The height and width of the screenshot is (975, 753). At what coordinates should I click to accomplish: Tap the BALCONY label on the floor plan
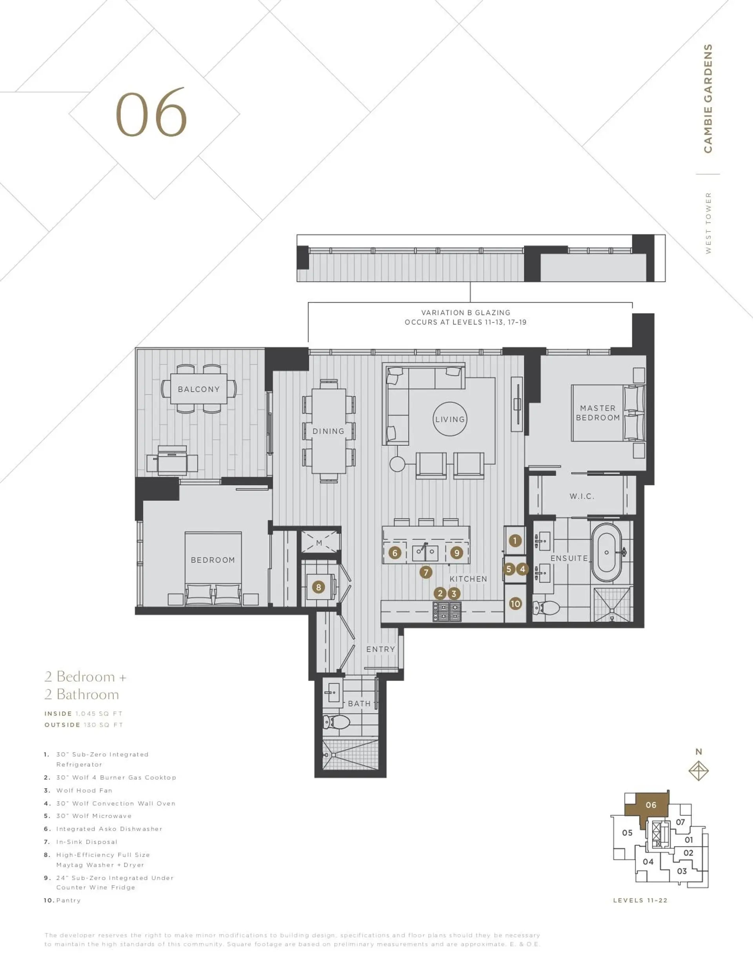point(198,389)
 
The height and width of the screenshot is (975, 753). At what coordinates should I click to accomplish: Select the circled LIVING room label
point(450,419)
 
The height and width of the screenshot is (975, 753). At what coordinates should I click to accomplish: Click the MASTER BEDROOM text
point(597,413)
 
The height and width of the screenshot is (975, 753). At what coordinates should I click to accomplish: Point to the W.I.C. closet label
point(582,496)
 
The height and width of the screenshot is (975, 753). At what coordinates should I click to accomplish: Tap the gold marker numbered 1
point(515,541)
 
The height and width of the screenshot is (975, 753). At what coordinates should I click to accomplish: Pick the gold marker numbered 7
point(426,572)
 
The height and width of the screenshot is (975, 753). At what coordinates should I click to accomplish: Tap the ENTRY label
point(380,649)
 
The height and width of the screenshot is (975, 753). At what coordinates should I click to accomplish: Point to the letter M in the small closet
point(319,543)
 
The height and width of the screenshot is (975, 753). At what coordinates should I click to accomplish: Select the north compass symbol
point(698,771)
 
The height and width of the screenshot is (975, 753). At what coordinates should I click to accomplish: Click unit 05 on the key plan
point(627,833)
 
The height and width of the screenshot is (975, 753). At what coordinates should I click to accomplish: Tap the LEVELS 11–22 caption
point(640,900)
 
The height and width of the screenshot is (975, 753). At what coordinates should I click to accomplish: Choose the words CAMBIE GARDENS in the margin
point(708,98)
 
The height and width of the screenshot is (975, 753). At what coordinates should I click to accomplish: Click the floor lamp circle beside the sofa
point(397,464)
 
